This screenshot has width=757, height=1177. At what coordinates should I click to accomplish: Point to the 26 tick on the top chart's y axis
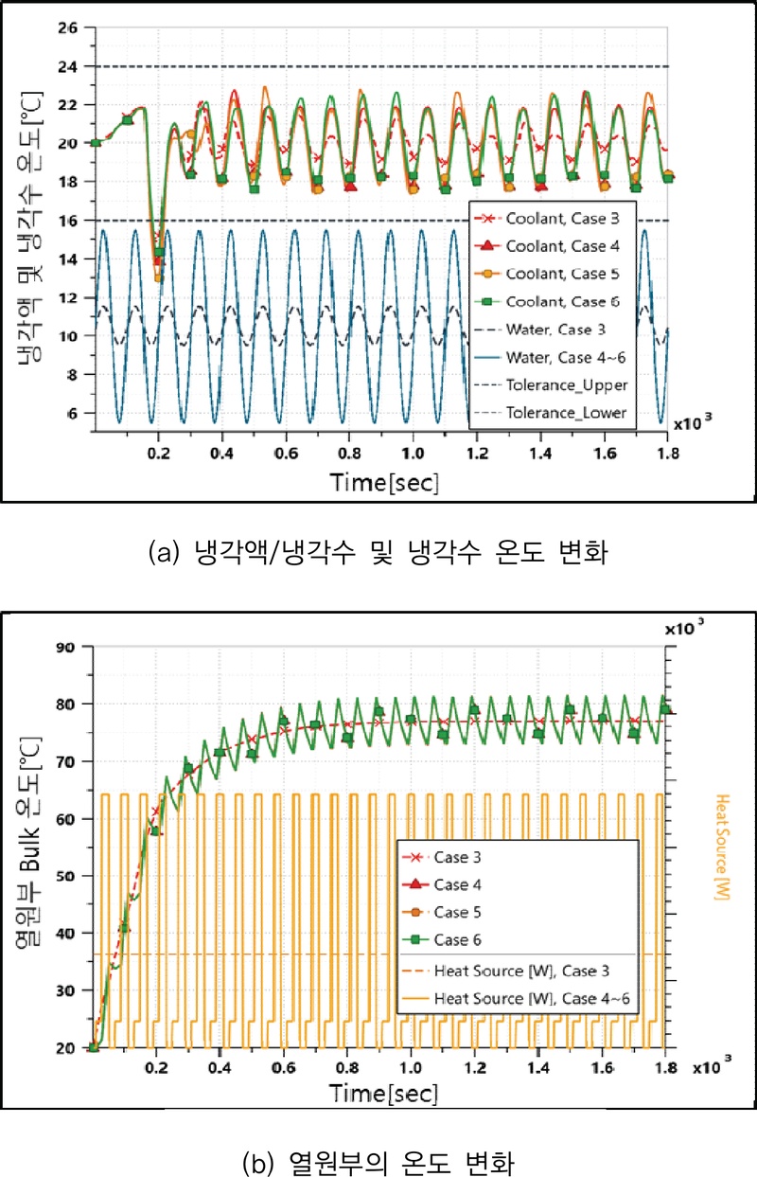pos(68,27)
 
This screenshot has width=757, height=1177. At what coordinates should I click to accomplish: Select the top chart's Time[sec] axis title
pos(384,482)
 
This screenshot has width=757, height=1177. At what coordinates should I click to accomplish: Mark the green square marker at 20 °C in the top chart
pos(95,143)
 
